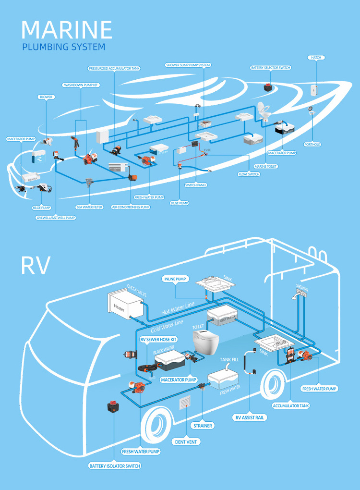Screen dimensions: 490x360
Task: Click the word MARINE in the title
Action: coord(67,30)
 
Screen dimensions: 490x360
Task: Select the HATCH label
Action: coord(316,58)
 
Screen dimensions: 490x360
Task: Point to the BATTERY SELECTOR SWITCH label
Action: coord(271,68)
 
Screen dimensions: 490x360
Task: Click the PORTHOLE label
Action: coord(312,144)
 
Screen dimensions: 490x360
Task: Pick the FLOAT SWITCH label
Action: coord(249,174)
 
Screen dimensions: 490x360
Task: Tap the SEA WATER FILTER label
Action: coord(89,207)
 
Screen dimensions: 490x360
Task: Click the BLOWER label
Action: coord(46,97)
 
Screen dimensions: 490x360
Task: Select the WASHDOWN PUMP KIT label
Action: coord(81,85)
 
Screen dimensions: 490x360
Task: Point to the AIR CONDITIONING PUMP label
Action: coord(131,207)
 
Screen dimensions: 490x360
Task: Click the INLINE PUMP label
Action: coord(175,279)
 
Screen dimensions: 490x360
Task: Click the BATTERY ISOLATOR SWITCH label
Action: coord(115,466)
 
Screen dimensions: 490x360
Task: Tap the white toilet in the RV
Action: coord(205,342)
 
